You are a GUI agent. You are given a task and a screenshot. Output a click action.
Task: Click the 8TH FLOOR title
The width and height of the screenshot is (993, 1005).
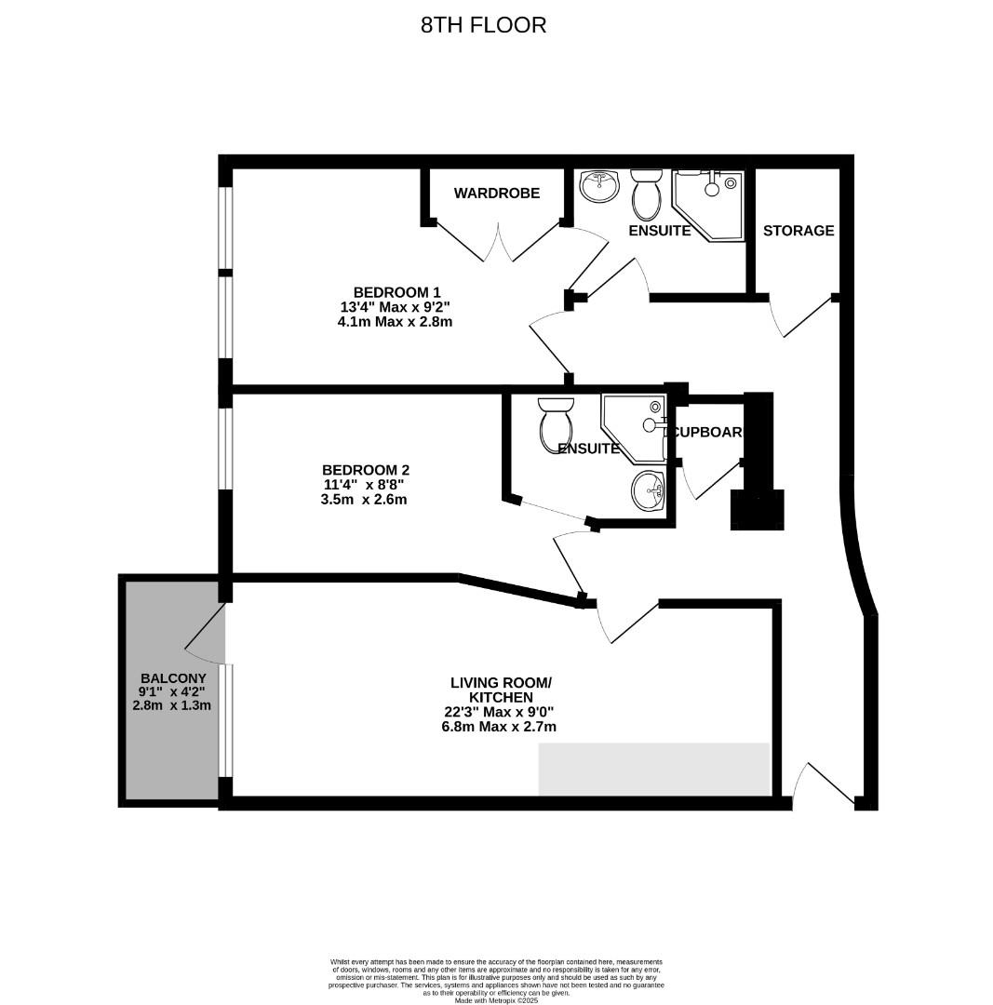483,25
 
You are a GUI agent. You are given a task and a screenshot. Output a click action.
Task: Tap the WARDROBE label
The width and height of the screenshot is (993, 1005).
496,194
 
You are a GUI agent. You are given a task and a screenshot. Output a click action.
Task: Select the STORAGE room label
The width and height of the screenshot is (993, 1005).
798,231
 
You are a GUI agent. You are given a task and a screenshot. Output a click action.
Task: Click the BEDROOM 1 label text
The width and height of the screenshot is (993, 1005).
396,292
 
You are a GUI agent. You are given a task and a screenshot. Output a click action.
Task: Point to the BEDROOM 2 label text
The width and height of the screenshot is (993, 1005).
365,471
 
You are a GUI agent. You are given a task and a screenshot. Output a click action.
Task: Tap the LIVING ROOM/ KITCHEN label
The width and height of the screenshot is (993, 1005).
500,690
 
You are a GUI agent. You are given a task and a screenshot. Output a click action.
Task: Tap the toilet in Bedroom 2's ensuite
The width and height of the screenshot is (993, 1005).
557,423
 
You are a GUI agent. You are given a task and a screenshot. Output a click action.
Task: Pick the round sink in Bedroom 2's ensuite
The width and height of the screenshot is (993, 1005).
649,489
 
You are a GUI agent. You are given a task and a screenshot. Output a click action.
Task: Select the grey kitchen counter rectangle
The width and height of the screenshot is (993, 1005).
653,769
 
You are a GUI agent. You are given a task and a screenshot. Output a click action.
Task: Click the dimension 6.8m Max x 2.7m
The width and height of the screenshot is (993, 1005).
499,727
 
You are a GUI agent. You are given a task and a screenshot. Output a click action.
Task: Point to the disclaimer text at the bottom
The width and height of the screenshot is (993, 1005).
496,980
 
